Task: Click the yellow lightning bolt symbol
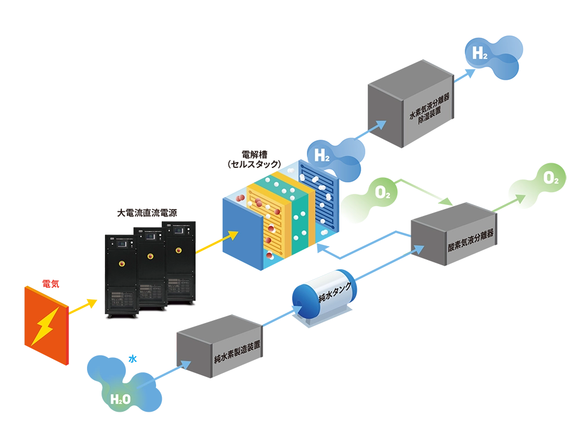pos(44,324)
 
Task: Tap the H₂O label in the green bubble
pos(120,399)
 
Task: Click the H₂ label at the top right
pos(480,54)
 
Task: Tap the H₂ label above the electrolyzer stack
pos(321,155)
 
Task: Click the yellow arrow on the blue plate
pos(229,237)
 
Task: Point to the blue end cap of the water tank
pos(302,299)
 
